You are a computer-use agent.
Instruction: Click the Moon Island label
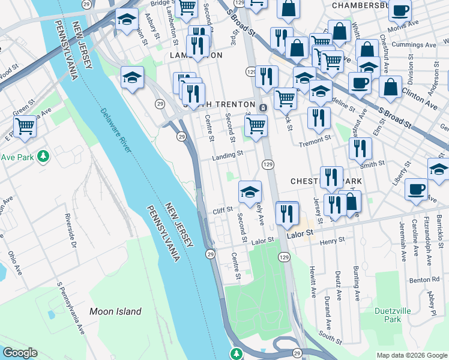(115, 311)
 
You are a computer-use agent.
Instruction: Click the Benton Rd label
(427, 280)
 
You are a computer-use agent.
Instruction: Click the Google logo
(20, 353)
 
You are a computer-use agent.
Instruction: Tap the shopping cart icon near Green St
(25, 127)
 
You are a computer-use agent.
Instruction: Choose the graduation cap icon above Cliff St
(250, 192)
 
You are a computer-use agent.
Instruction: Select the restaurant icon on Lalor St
(287, 212)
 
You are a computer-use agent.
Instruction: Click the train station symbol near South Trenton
(264, 107)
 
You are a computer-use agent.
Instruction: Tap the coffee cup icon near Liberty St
(416, 190)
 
